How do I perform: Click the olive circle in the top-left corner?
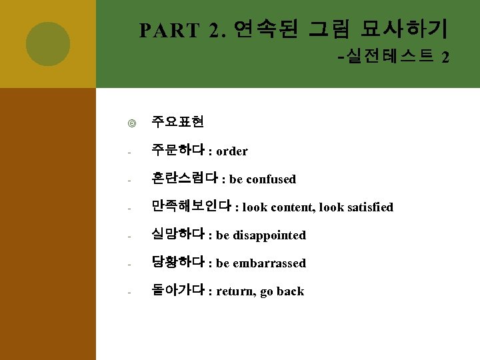[x=48, y=43]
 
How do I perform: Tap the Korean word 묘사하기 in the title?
[x=405, y=29]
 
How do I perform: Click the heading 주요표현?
[x=177, y=122]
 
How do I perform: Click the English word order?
[x=232, y=151]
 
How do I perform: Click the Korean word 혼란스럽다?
[x=185, y=179]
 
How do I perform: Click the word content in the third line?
[x=291, y=207]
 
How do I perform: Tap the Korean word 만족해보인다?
[x=191, y=207]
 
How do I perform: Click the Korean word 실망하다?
[x=178, y=235]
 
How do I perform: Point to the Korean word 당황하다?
[x=178, y=263]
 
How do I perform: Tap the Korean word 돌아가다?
[x=178, y=291]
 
